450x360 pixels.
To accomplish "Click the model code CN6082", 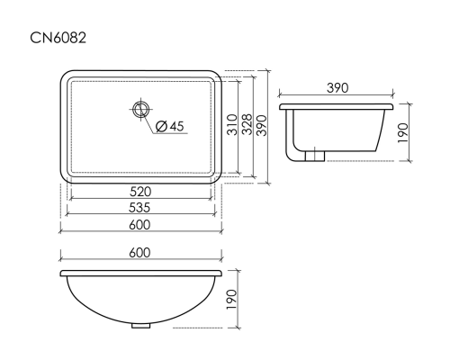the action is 58,38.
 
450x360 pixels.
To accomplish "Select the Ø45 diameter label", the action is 170,126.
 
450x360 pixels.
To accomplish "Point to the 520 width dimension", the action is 140,192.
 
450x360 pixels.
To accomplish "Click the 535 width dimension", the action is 139,208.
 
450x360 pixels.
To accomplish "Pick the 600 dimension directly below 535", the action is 139,225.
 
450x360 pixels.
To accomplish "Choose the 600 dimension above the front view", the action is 139,253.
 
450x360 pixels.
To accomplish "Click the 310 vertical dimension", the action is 232,124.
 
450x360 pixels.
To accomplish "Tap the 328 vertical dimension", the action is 247,124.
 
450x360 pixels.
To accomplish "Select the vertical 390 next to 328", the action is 261,125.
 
